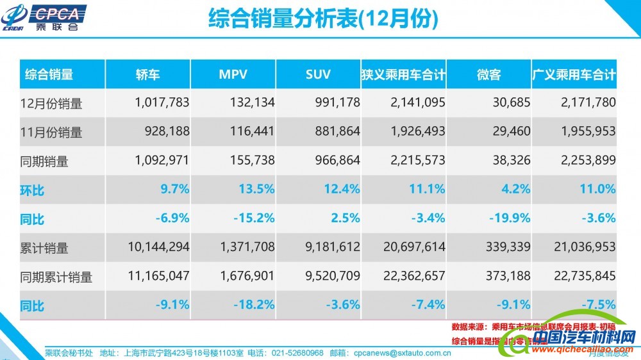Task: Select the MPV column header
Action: pyautogui.click(x=233, y=74)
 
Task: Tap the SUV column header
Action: pyautogui.click(x=318, y=74)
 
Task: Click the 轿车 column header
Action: pyautogui.click(x=147, y=74)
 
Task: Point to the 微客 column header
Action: pyautogui.click(x=488, y=74)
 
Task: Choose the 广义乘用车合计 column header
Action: pyautogui.click(x=574, y=74)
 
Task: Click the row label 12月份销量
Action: pyautogui.click(x=53, y=103)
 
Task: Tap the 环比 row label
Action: pyautogui.click(x=35, y=190)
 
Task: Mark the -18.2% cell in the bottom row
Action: pyautogui.click(x=251, y=305)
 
